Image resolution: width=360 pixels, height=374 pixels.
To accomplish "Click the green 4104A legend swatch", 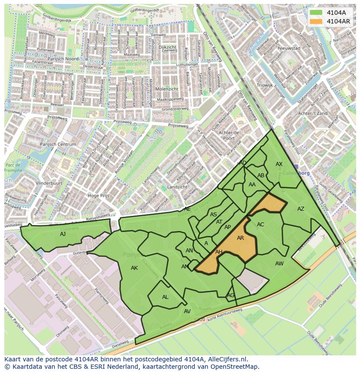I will coord(316,13).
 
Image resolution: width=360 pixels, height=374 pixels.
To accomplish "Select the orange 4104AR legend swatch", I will coord(316,21).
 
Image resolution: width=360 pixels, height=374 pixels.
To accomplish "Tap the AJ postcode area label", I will coord(63,234).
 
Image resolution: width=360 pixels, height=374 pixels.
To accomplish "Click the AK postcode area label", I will coord(134,268).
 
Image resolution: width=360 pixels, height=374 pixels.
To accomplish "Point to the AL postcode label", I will coord(165,297).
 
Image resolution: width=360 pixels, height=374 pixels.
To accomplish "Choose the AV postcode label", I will coord(187,311).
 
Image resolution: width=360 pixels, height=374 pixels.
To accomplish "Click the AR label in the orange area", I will coord(240,238).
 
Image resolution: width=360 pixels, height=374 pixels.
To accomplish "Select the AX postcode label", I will coord(279,164).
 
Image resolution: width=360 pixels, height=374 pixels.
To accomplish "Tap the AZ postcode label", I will coord(301,209).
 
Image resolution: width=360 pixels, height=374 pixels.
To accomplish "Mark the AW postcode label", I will coord(279,264).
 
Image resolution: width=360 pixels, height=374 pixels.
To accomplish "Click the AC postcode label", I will coord(260,225).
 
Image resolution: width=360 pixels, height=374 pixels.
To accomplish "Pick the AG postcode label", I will coord(230,295).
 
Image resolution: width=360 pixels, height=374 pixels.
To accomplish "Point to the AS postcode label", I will coord(213,215).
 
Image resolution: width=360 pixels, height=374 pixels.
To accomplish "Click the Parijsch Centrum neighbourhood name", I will coord(58,144).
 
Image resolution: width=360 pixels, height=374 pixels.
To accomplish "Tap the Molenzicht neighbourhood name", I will coord(167,89).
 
